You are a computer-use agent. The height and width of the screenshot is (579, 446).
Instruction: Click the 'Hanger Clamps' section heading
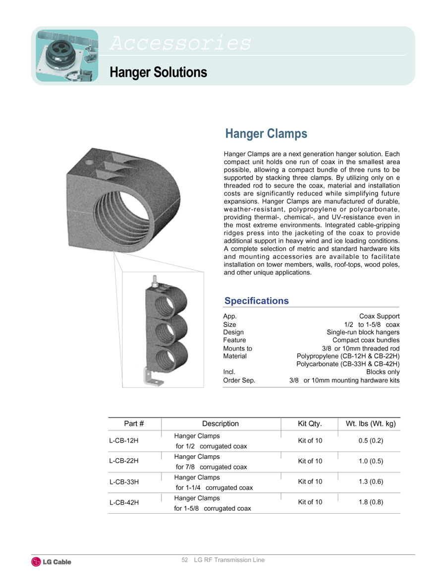coord(266,134)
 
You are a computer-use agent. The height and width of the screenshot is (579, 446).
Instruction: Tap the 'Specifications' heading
coord(256,301)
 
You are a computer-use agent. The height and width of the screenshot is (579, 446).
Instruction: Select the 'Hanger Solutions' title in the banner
coord(158,72)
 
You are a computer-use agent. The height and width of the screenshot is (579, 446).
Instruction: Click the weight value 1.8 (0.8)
coord(371,502)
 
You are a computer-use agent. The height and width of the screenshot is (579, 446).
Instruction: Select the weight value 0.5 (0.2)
coord(371,440)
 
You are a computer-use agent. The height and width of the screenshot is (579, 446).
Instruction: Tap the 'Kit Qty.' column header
coord(310,424)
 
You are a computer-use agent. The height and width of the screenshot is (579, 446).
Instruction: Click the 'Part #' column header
coord(134,424)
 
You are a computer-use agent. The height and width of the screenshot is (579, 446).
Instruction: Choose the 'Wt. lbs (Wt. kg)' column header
coord(370,424)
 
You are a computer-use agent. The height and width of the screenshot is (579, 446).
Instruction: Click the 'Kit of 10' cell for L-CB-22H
coord(310,461)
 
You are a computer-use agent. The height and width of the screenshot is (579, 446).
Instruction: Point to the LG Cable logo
coord(52,562)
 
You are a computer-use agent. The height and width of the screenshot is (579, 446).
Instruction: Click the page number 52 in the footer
coord(185,560)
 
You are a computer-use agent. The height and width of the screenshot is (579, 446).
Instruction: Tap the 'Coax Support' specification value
coord(379,316)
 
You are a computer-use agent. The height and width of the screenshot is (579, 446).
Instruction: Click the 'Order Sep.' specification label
coord(239,381)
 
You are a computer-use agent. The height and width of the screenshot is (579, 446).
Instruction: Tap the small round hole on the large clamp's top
coord(89,162)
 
